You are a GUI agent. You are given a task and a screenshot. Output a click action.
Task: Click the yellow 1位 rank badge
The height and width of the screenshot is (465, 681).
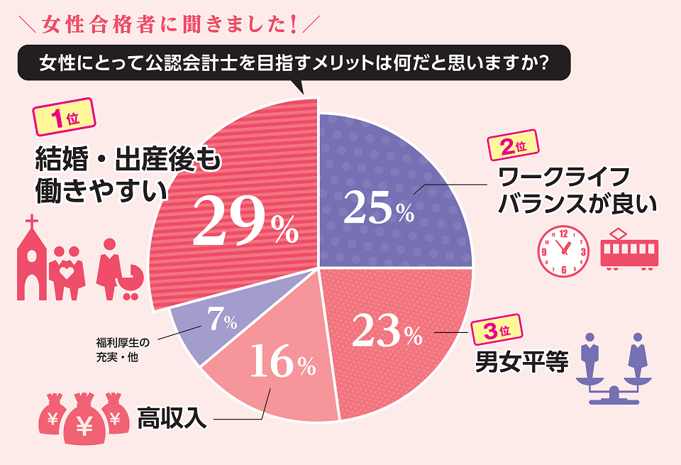click(64, 116)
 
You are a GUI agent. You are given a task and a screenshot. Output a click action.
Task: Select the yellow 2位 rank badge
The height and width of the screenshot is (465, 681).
click(512, 147)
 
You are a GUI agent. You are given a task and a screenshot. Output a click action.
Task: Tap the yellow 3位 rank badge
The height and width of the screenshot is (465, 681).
click(497, 330)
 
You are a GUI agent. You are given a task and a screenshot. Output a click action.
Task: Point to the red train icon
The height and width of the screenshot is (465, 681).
click(629, 248)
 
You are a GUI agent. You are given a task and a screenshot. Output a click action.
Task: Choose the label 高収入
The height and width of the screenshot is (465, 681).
click(172, 418)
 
